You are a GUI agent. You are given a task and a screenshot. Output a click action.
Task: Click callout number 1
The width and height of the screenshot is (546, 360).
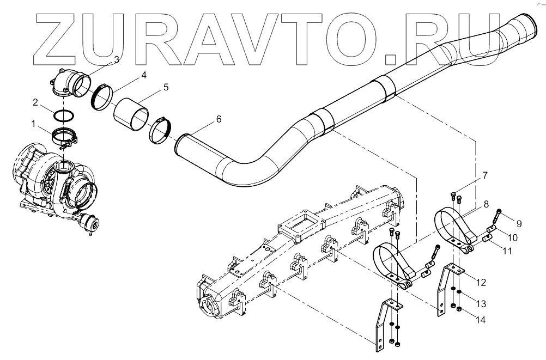point(34,124)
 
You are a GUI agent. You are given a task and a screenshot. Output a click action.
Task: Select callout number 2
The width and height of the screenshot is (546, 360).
point(34,102)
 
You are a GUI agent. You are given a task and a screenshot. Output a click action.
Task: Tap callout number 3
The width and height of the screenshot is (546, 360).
point(117,59)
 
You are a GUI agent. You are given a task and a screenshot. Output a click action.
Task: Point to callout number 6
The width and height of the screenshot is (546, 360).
point(219,119)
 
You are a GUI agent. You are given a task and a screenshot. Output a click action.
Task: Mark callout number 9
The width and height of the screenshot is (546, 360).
point(519,223)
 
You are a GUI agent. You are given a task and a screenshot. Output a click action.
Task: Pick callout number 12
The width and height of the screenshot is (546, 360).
point(481,282)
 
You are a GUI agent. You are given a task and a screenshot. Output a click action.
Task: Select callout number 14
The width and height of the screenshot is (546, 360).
point(481,320)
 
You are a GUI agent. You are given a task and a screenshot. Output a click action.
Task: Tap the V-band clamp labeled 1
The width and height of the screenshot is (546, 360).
point(65,134)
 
